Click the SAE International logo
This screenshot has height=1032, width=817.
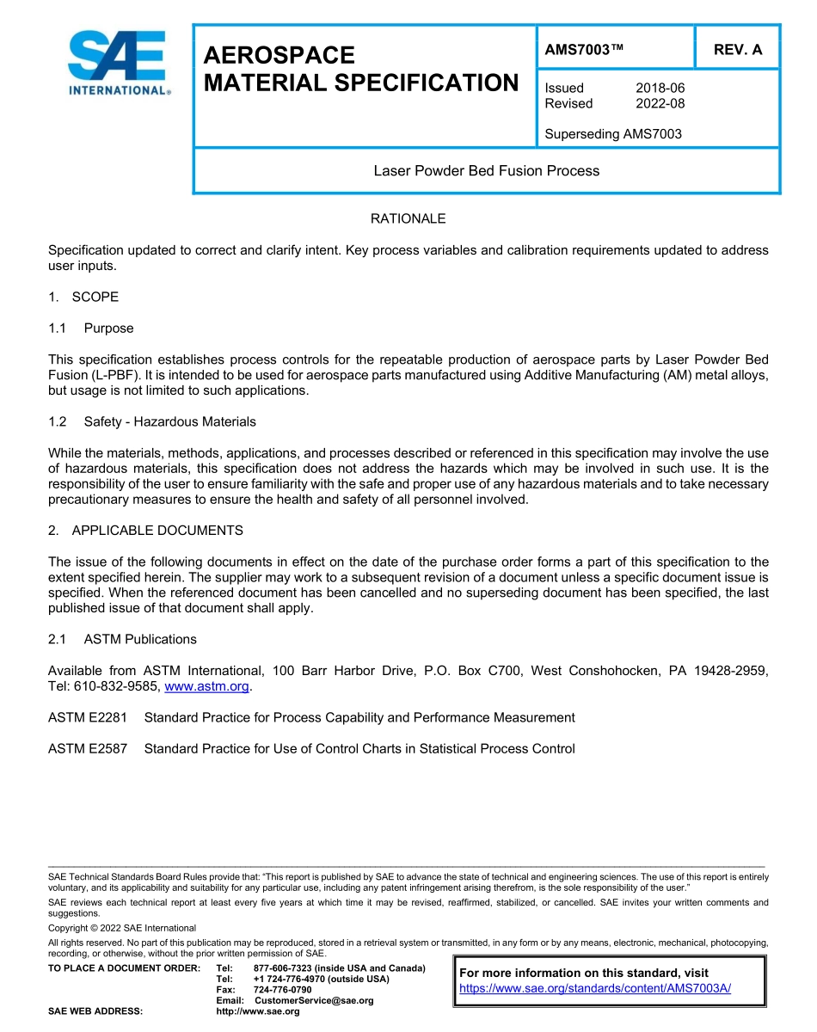119,64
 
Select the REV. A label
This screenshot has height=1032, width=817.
738,50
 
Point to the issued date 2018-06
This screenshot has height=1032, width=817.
660,88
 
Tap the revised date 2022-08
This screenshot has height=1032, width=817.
660,103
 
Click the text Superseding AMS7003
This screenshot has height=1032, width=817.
613,134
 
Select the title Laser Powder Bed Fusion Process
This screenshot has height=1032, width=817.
486,170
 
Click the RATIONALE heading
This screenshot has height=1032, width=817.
408,218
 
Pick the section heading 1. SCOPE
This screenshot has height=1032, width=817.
83,297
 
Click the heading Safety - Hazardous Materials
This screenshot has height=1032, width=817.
169,421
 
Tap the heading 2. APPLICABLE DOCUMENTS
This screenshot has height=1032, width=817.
145,530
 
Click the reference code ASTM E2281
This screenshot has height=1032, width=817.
87,717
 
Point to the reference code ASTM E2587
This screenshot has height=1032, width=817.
87,748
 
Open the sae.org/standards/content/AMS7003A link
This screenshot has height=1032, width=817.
595,988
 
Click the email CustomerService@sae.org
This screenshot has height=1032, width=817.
314,1000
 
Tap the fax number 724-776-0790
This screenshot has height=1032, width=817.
282,990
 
